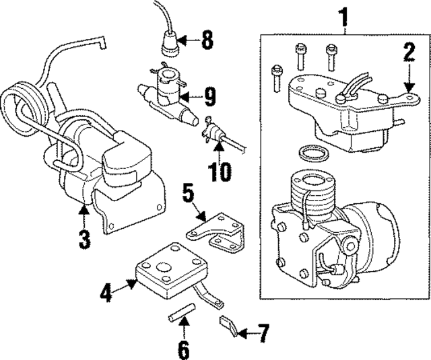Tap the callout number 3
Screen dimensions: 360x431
pyautogui.click(x=84, y=238)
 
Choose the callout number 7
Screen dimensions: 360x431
pyautogui.click(x=263, y=331)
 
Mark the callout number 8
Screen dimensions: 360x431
pyautogui.click(x=206, y=40)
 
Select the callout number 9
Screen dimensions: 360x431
pyautogui.click(x=209, y=98)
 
